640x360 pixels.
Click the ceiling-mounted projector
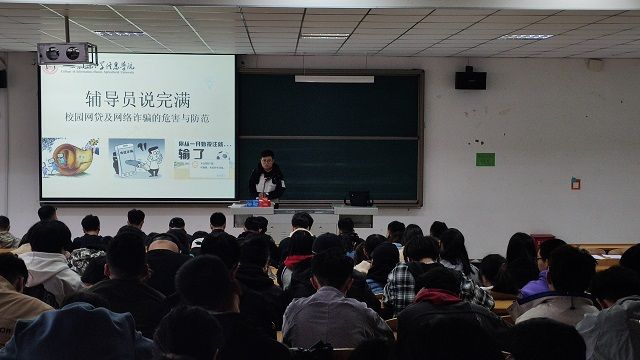[66, 53]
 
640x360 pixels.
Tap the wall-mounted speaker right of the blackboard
[470, 79]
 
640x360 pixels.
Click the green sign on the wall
[485, 159]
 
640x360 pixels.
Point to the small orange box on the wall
[575, 183]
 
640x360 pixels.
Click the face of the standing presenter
[267, 161]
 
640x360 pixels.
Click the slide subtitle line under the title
[137, 121]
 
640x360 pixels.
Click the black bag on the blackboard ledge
[358, 198]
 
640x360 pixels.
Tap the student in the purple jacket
[535, 287]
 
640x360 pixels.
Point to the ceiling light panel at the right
[528, 37]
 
